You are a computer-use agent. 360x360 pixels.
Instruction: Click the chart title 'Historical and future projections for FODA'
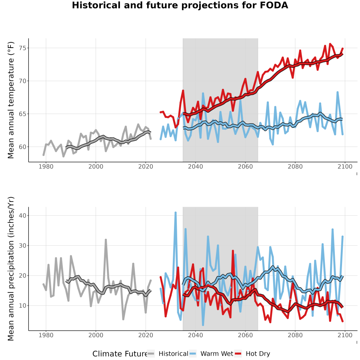point(180,5)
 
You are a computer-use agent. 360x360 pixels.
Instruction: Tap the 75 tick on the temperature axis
point(22,48)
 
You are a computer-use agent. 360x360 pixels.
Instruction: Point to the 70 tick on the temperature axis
point(22,81)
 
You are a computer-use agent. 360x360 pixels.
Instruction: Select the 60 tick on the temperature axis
point(22,147)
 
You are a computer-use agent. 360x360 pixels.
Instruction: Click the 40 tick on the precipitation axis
point(22,215)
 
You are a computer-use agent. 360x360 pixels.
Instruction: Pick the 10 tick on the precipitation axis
point(22,306)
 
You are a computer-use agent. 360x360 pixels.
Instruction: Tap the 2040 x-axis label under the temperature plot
point(195,166)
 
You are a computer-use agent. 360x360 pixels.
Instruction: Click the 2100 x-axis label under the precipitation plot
point(345,335)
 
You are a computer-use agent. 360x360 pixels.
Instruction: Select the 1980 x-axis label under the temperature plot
point(46,166)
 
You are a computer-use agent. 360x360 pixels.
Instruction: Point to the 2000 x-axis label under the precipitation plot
point(96,335)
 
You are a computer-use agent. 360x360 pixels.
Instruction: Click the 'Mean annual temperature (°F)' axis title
point(10,100)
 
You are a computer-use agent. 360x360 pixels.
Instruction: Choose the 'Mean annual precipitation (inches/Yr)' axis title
point(10,269)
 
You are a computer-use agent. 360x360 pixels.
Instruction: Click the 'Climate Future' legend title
point(120,354)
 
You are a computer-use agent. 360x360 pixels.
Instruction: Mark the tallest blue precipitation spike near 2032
point(176,213)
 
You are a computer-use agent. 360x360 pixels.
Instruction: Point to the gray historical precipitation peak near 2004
point(106,240)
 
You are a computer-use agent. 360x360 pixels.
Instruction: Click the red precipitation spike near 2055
point(233,251)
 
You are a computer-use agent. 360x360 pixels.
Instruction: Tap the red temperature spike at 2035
point(183,90)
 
